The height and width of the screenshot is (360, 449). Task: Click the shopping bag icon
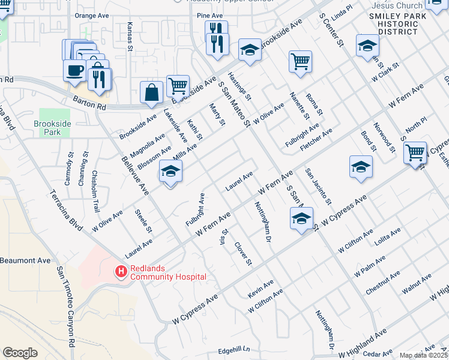click(151, 92)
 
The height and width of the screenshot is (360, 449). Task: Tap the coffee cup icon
click(75, 70)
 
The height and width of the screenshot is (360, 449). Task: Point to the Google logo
click(20, 353)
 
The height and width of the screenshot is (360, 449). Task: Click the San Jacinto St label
click(318, 186)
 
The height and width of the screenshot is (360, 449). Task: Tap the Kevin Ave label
click(261, 289)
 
